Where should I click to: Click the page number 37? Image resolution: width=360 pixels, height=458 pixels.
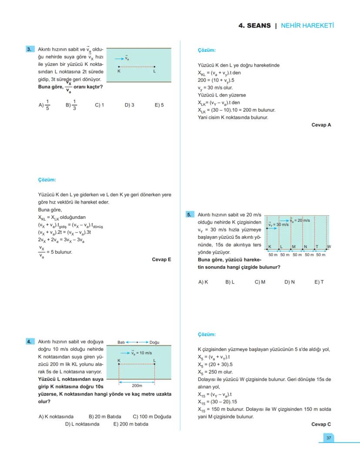coord(329,438)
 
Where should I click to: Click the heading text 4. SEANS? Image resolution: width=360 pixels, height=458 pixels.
coord(254,26)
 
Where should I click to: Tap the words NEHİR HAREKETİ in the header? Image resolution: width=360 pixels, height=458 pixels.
coord(307,26)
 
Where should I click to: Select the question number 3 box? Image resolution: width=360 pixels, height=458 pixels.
coord(30,50)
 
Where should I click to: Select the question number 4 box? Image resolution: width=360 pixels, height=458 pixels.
coord(30,342)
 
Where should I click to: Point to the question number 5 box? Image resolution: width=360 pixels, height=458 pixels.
coord(190,214)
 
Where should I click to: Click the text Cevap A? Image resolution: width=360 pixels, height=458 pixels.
coord(321,125)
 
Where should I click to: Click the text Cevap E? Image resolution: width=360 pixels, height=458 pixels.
coord(161,260)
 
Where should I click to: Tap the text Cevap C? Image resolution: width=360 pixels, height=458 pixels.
coord(321,424)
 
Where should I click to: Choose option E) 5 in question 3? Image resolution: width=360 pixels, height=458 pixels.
coord(159,105)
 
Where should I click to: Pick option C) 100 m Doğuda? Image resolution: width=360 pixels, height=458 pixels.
coord(152,416)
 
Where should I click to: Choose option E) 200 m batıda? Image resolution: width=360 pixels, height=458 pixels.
coord(130,424)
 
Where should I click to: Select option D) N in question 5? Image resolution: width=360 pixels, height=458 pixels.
coord(290,282)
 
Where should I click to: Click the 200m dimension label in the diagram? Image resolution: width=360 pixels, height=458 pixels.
coord(137,385)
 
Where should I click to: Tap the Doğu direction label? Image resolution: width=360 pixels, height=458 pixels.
coord(154,342)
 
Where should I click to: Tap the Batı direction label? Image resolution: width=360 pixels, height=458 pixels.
coord(121,342)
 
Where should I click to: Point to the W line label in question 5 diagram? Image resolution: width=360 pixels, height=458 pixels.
coord(329,247)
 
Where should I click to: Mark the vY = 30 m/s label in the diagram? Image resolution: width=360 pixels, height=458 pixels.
coord(278,225)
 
